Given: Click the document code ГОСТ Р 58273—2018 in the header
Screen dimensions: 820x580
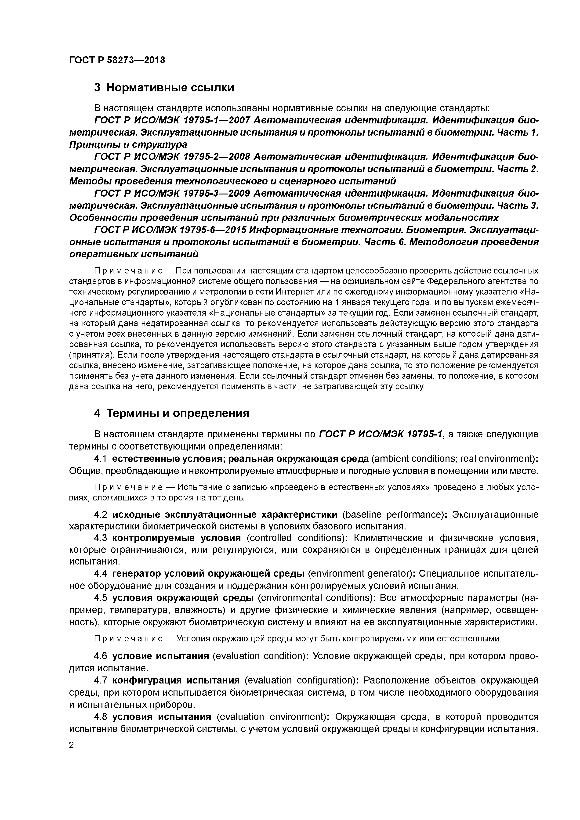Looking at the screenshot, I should click(117, 60).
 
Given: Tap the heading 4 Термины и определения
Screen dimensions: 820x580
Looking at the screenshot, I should click(171, 413).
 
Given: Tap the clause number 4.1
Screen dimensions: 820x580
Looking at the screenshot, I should click(100, 459).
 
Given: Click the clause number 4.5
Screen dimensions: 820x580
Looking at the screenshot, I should click(100, 598).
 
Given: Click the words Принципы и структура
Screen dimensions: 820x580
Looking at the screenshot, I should click(128, 145).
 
